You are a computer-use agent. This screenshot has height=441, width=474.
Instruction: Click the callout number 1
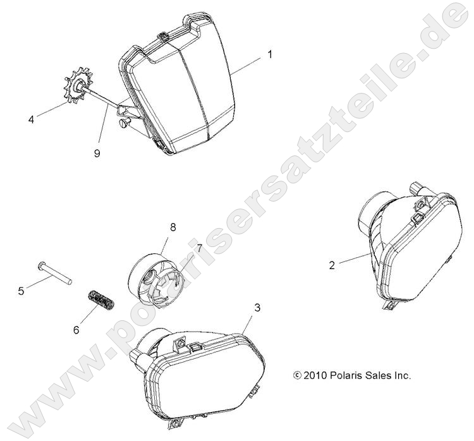(270, 55)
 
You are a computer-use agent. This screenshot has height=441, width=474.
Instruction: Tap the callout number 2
(332, 265)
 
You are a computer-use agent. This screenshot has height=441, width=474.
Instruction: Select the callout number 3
(257, 308)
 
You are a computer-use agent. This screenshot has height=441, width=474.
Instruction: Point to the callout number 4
(31, 119)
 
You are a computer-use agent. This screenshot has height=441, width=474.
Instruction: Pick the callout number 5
(21, 291)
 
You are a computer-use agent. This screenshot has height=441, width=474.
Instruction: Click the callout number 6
(76, 330)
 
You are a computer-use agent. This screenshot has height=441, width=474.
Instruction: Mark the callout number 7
(199, 248)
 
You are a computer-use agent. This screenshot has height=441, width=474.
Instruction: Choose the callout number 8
(173, 227)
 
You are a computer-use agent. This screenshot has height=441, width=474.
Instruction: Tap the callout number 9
(97, 154)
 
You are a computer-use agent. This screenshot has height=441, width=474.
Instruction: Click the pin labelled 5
(54, 273)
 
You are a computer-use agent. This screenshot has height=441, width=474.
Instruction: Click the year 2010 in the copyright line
(315, 376)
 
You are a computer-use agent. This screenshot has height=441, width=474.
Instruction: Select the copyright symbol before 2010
(298, 376)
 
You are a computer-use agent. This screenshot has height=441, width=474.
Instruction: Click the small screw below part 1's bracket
(126, 123)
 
